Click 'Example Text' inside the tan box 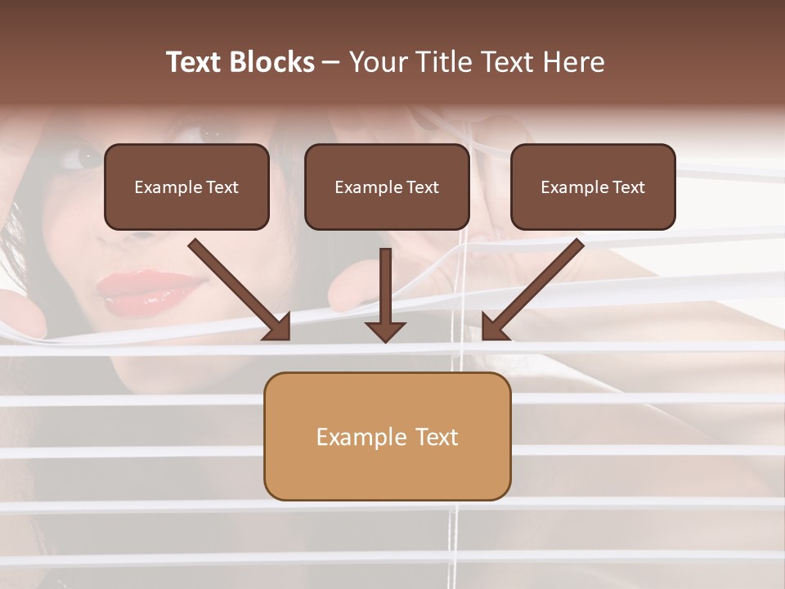point(387,437)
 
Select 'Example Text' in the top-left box point(186,187)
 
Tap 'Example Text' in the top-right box point(593,187)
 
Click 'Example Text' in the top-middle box point(387,187)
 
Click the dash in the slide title point(331,62)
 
